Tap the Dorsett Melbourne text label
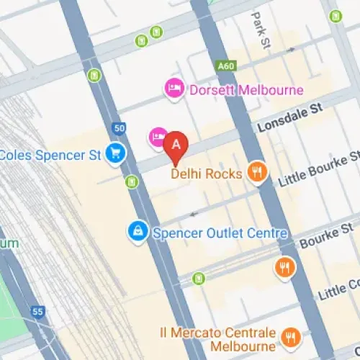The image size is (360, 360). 246,91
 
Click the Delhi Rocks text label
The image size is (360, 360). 206,174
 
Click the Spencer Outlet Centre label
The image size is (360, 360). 220,233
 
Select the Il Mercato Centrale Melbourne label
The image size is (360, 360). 217,339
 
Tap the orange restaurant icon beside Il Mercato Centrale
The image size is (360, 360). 291,336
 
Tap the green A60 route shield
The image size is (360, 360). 225,66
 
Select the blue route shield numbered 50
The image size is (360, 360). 118,128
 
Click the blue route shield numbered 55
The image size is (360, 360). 37,312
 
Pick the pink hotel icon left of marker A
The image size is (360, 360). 157,137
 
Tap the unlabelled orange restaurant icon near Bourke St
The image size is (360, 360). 285,269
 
